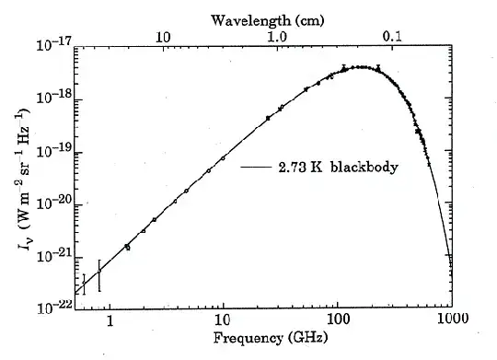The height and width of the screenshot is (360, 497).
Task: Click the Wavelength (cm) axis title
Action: click(263, 19)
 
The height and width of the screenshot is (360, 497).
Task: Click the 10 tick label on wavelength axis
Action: click(163, 37)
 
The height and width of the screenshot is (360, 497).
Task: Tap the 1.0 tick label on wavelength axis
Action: click(276, 37)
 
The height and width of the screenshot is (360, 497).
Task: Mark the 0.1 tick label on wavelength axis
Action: click(392, 37)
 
